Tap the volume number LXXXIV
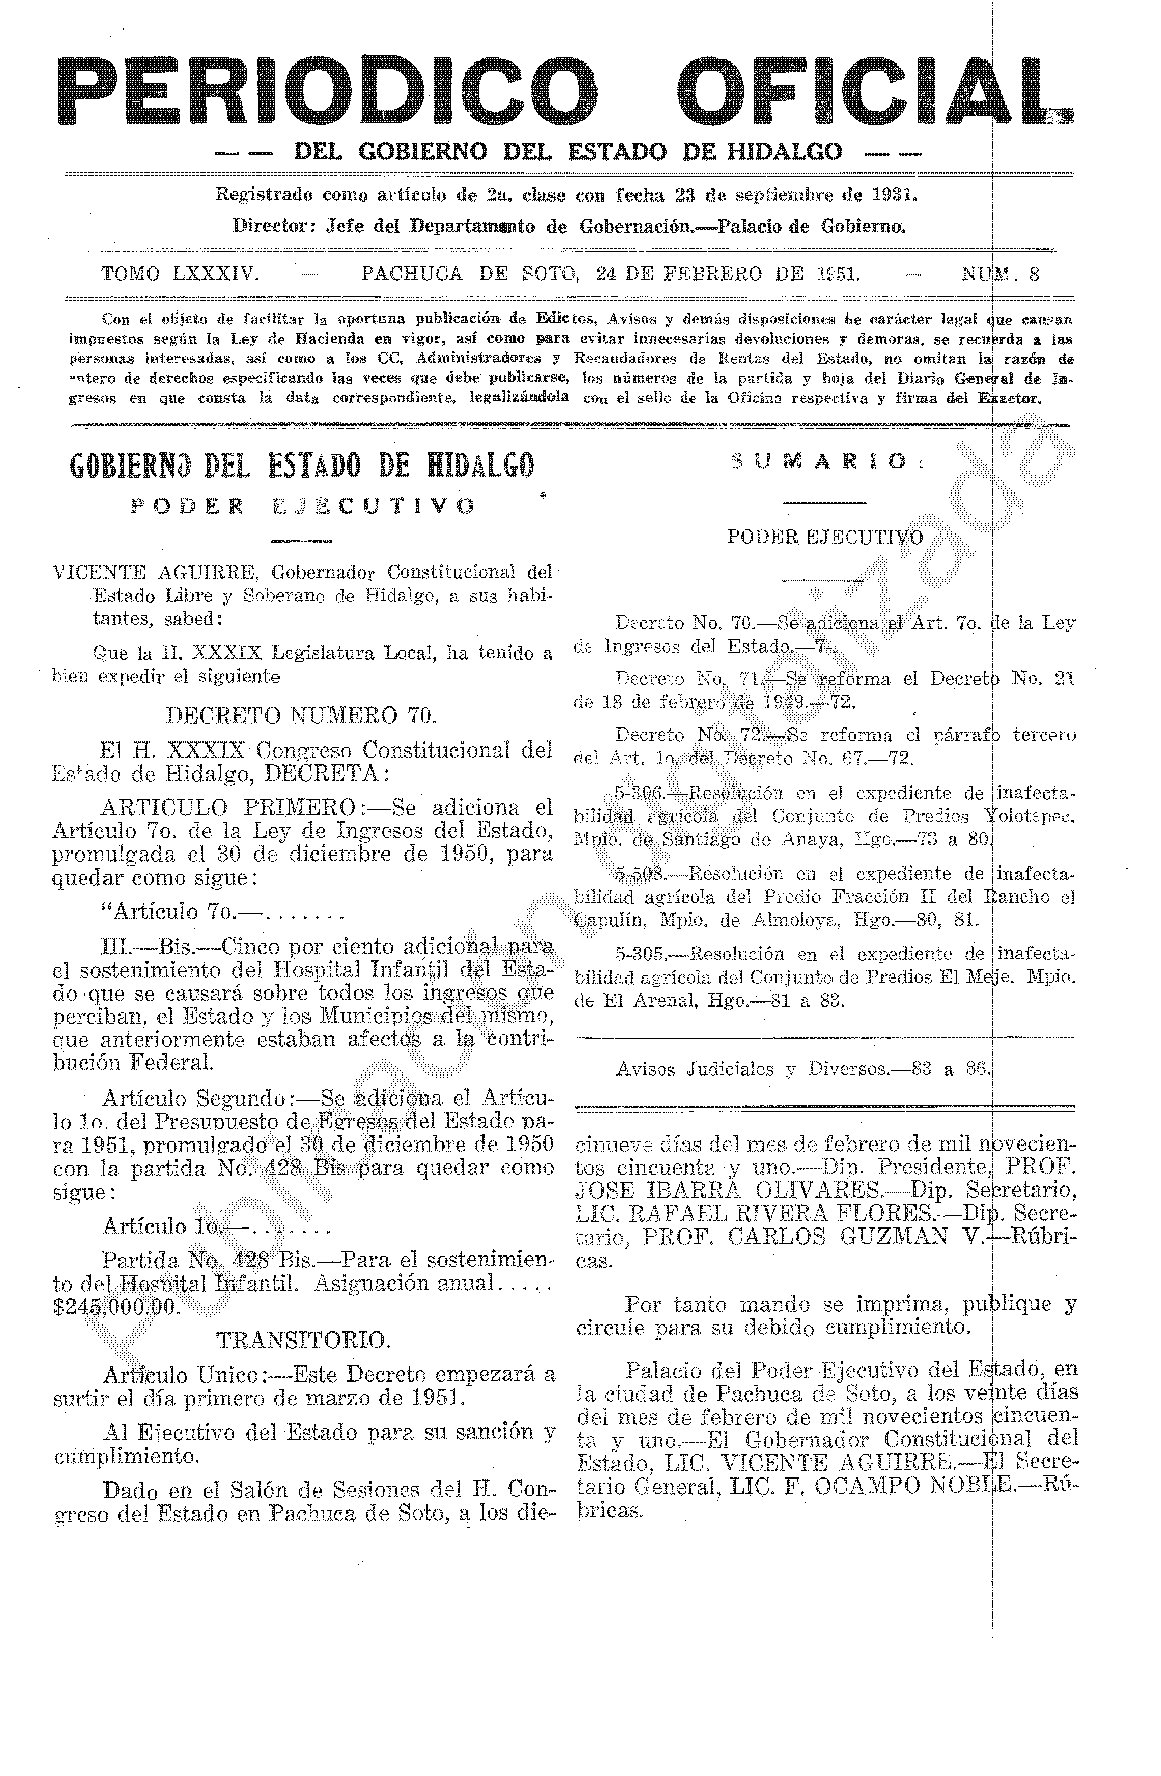pos(215,274)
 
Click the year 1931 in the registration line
pos(893,195)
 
